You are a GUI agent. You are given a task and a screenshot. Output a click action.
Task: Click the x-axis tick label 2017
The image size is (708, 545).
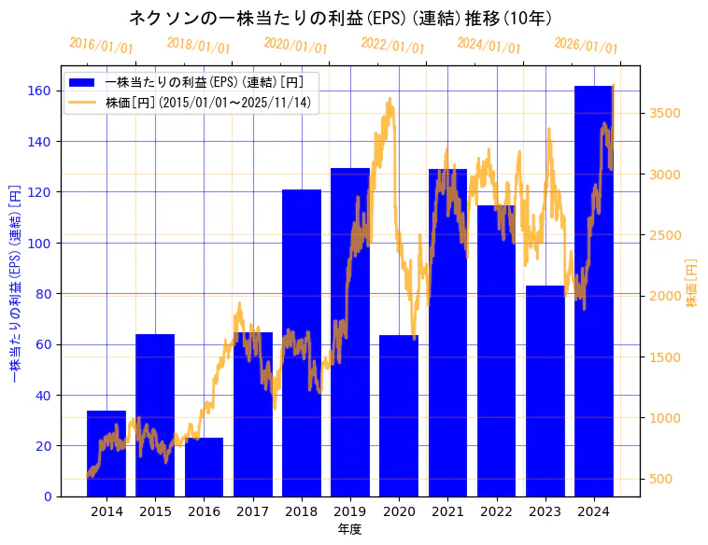pyautogui.click(x=253, y=511)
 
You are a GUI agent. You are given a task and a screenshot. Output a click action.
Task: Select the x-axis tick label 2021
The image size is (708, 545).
pyautogui.click(x=447, y=511)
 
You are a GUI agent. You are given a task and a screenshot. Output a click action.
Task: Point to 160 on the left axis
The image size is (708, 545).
pyautogui.click(x=39, y=91)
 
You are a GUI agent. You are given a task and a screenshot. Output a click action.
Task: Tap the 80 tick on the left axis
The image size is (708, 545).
pyautogui.click(x=43, y=294)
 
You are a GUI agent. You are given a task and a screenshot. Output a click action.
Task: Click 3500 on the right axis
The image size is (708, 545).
pyautogui.click(x=665, y=114)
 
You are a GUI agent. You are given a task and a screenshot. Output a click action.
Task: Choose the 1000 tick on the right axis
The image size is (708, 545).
pyautogui.click(x=665, y=418)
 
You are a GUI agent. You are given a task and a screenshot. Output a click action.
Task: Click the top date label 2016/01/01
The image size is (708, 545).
pyautogui.click(x=101, y=46)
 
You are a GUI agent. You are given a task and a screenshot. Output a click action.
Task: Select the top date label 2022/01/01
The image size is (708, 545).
pyautogui.click(x=392, y=46)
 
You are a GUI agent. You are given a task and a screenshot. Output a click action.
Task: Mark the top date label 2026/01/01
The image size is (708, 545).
pyautogui.click(x=586, y=46)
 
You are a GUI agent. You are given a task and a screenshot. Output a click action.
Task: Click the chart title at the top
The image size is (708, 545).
pyautogui.click(x=340, y=19)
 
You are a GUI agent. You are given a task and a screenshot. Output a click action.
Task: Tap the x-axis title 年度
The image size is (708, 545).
pyautogui.click(x=349, y=529)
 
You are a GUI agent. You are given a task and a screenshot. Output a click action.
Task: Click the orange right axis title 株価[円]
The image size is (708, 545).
pyautogui.click(x=692, y=283)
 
